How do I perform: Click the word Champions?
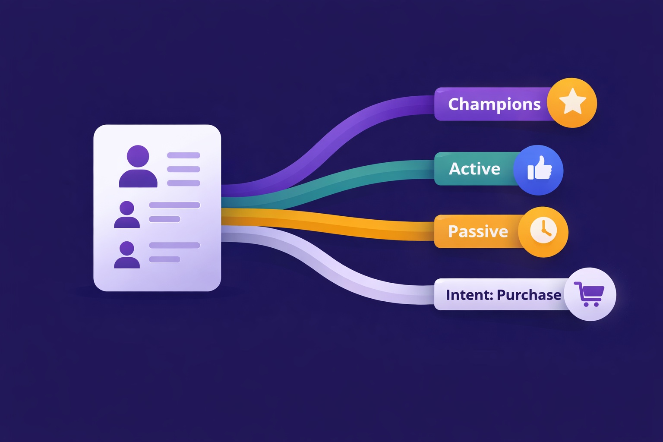(x=494, y=104)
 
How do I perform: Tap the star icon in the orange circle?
(x=572, y=102)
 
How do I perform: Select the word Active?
(x=474, y=169)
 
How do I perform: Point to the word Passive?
(x=478, y=231)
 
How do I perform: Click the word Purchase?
(x=529, y=295)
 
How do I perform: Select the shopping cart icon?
(x=589, y=294)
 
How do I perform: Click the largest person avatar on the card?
(x=138, y=167)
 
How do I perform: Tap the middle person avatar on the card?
(x=127, y=215)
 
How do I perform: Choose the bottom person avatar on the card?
(x=127, y=255)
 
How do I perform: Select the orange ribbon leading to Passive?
(x=345, y=224)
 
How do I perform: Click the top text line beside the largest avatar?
(x=183, y=155)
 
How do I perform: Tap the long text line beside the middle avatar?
(x=174, y=205)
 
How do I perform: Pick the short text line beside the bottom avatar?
(x=164, y=259)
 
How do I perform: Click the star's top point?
(x=572, y=90)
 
